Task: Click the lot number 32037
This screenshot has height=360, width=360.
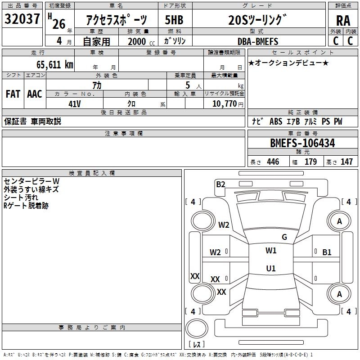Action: [22, 19]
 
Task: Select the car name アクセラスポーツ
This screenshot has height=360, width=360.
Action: [116, 21]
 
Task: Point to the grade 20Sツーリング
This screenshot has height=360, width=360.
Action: [257, 20]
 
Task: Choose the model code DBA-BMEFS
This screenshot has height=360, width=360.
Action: [258, 41]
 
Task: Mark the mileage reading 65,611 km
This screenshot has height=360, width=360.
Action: [51, 65]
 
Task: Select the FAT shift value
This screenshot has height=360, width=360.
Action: [13, 94]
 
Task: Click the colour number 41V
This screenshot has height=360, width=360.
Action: [74, 103]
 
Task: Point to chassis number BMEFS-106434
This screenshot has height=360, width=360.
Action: [302, 144]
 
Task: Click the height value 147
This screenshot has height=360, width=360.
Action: [346, 162]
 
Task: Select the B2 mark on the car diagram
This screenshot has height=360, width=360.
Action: [220, 184]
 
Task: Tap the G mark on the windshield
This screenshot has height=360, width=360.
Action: [284, 237]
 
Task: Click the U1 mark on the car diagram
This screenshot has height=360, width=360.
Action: [270, 269]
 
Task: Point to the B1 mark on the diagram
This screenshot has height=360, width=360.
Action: [327, 252]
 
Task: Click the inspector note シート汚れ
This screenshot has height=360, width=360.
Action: [21, 198]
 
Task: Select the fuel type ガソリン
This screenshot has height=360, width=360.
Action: [175, 41]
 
